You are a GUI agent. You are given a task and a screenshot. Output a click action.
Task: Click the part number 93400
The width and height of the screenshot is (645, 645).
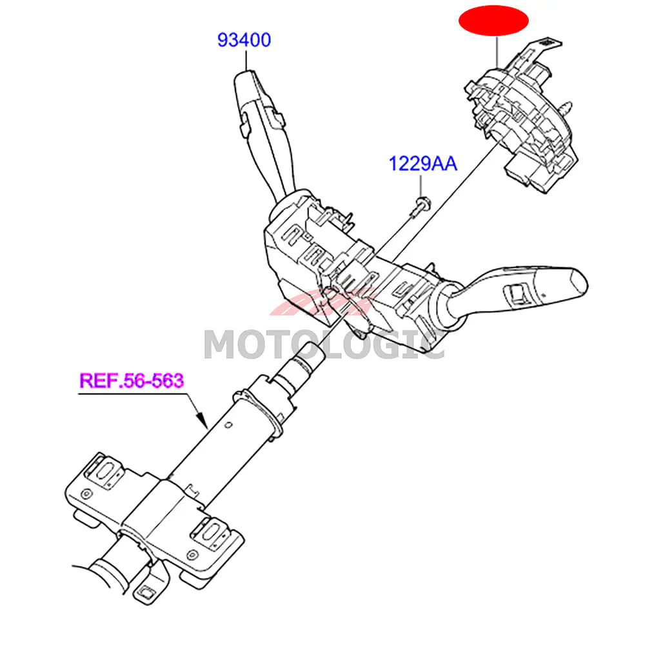(x=244, y=40)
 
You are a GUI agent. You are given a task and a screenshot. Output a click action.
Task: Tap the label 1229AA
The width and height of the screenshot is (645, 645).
(x=422, y=164)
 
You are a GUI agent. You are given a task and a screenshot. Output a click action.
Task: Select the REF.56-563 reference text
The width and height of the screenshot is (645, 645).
(x=132, y=380)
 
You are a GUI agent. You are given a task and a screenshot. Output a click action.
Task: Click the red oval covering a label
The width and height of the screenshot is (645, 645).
(x=493, y=21)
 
